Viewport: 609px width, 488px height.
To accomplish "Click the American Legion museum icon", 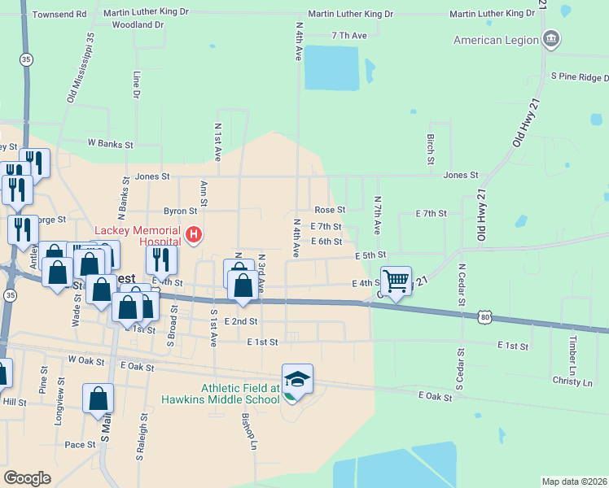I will [x=551, y=40].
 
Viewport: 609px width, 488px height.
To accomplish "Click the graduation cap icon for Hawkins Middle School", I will [x=297, y=379].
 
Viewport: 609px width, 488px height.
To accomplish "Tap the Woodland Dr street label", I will [x=138, y=25].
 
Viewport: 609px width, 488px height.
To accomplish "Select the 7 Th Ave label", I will [x=349, y=36].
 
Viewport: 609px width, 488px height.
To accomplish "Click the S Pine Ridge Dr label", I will [x=580, y=76].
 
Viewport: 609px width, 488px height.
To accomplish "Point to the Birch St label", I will [x=430, y=147].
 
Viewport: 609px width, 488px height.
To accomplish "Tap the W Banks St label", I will [x=110, y=144].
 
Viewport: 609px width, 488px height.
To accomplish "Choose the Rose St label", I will [x=330, y=210].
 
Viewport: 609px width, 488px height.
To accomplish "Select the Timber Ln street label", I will [x=573, y=351].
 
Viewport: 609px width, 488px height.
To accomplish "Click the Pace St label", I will [x=80, y=445].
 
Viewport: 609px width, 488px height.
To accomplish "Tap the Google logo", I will [x=27, y=477].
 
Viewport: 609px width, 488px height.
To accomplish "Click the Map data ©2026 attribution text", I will [x=575, y=481].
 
